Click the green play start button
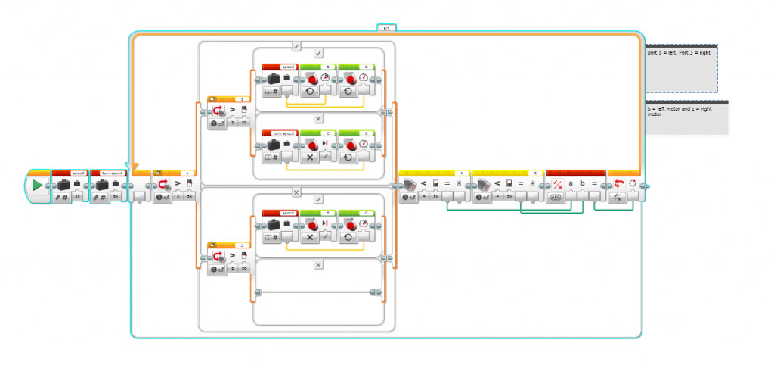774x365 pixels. tap(37, 185)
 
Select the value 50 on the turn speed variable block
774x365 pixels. tap(116, 195)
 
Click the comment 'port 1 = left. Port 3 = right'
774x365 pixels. tap(680, 54)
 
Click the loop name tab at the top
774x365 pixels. tap(386, 27)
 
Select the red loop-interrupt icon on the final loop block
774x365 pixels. tap(618, 184)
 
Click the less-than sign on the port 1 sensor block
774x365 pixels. tap(425, 183)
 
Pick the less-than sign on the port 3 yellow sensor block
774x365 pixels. tap(499, 183)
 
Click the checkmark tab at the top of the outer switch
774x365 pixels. tap(296, 46)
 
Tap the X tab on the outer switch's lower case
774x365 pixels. tap(296, 192)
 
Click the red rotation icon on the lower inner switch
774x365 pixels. tap(220, 257)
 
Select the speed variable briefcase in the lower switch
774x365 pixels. tap(272, 225)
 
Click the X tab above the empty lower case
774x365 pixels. tap(318, 264)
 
